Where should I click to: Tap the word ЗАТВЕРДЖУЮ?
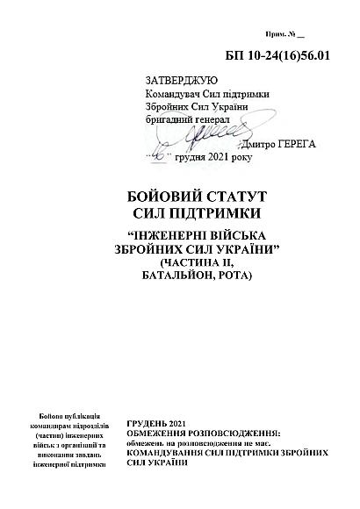[178, 80]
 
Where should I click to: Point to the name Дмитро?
[248, 143]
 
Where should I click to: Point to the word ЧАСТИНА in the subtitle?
[192, 263]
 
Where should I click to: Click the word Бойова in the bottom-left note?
[54, 415]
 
